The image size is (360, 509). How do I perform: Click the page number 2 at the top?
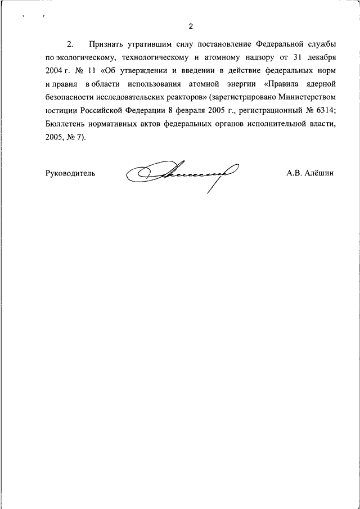[191, 26]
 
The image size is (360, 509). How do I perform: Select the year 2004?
[55, 71]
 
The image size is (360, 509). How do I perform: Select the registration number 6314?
[323, 111]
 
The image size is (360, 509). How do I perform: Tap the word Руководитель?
[70, 173]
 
